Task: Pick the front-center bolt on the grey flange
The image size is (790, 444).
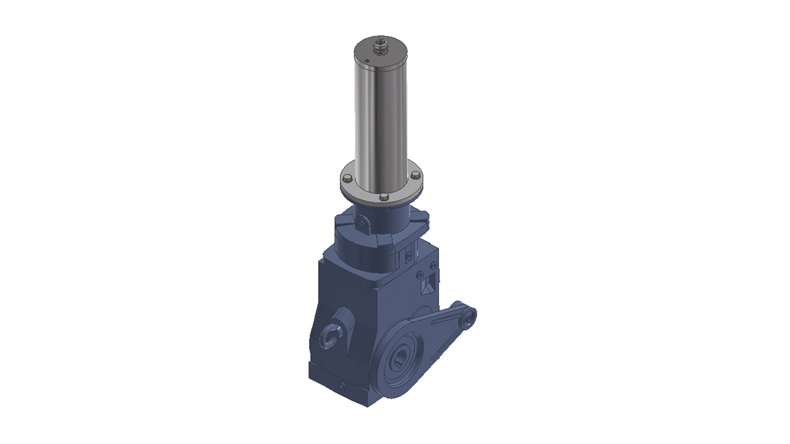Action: [383, 197]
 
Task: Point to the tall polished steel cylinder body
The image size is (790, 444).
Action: [381, 123]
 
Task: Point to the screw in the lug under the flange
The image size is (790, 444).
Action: [361, 224]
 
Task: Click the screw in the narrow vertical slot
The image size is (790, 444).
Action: [409, 256]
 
